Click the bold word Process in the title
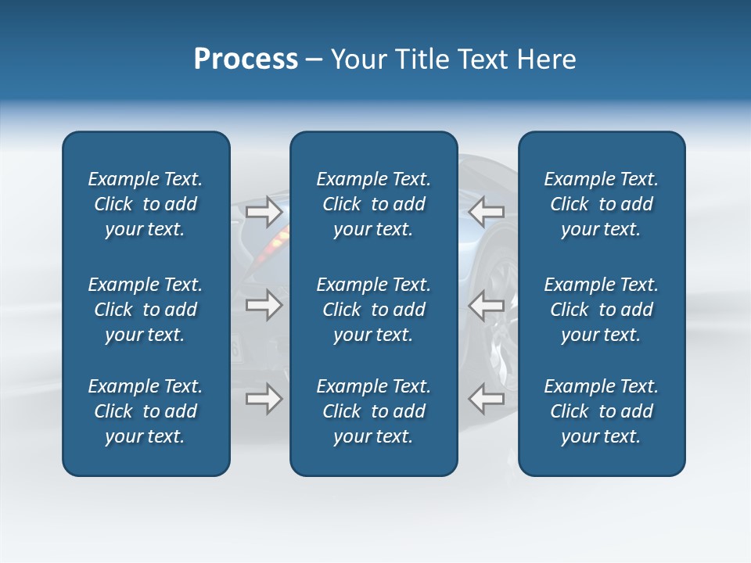[x=246, y=59]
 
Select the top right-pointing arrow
[x=264, y=211]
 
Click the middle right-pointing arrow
[x=264, y=305]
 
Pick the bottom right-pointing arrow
[x=264, y=399]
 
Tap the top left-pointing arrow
[x=486, y=211]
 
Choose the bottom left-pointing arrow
[x=486, y=399]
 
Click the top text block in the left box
[x=146, y=204]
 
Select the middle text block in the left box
[x=146, y=310]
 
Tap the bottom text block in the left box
[x=146, y=411]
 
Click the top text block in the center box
[x=373, y=204]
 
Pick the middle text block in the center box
[x=373, y=310]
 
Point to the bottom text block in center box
[x=373, y=411]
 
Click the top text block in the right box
[x=602, y=204]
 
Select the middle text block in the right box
[x=602, y=310]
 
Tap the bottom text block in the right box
[x=602, y=411]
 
